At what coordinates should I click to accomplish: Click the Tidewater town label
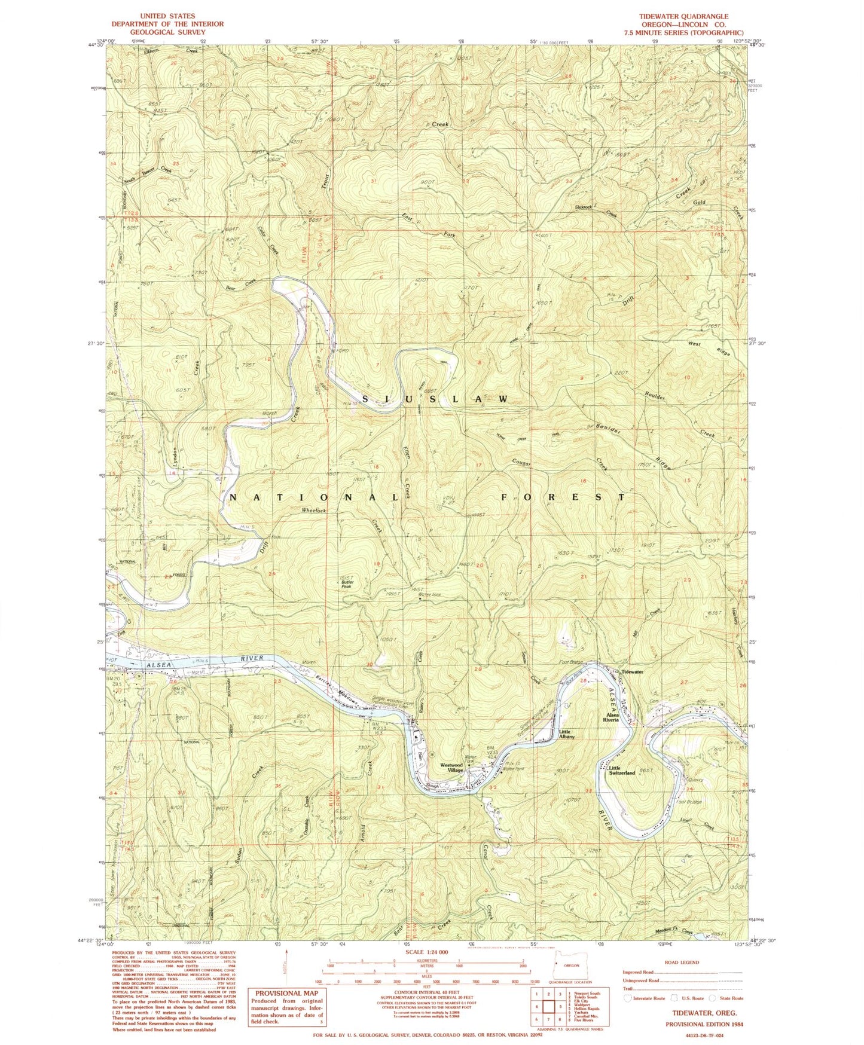pos(632,672)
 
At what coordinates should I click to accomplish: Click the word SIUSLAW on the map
pos(435,398)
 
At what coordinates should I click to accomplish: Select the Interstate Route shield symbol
pos(627,998)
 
